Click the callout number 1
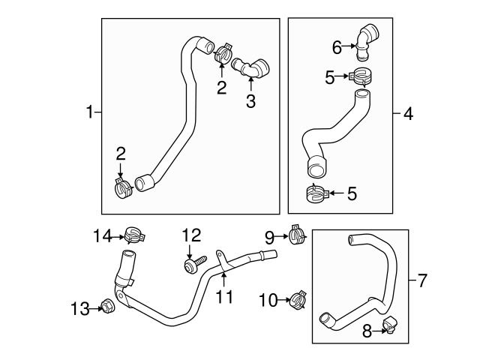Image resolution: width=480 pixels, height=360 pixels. [88, 113]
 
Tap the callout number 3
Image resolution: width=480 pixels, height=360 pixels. [250, 102]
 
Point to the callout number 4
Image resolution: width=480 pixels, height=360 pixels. [408, 114]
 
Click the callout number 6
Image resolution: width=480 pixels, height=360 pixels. [337, 47]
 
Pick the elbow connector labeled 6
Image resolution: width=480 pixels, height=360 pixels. [367, 39]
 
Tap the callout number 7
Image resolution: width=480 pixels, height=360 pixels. [422, 281]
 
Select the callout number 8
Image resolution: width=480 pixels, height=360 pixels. [367, 331]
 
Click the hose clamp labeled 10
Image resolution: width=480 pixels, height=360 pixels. [298, 301]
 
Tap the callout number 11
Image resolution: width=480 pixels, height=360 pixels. [224, 297]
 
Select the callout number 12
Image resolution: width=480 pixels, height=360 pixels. [191, 235]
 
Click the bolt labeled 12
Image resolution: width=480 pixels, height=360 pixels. [193, 265]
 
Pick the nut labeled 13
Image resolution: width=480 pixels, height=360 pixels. [107, 306]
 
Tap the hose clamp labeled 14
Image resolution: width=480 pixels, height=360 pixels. [133, 236]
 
